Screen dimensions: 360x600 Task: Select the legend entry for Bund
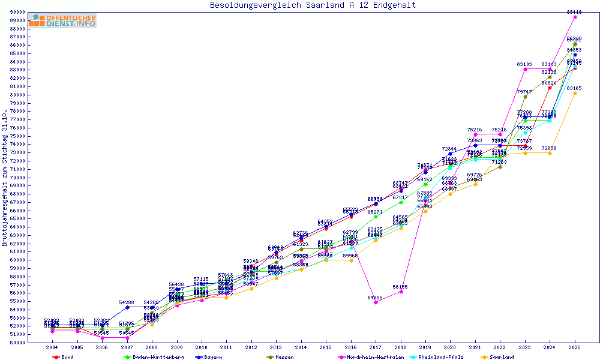pyautogui.click(x=64, y=357)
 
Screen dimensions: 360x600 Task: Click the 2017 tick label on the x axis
pyautogui.click(x=376, y=347)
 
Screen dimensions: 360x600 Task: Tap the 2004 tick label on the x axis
pyautogui.click(x=52, y=347)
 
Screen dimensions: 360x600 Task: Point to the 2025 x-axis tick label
pyautogui.click(x=575, y=347)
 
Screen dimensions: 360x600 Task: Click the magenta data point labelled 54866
pyautogui.click(x=376, y=302)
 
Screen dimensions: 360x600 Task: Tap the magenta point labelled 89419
pyautogui.click(x=575, y=17)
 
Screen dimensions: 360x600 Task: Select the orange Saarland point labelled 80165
pyautogui.click(x=575, y=93)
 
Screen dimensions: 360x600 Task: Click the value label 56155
pyautogui.click(x=400, y=287)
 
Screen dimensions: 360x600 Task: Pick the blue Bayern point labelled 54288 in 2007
pyautogui.click(x=127, y=307)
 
